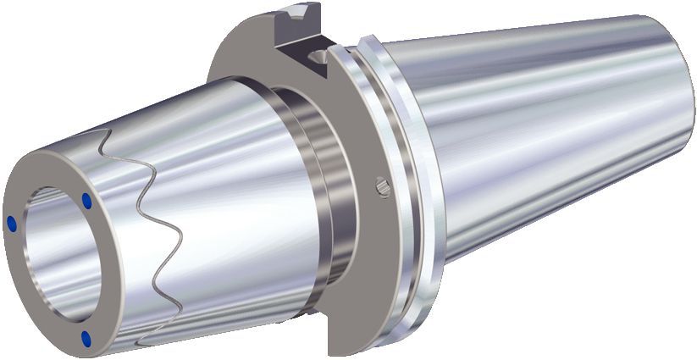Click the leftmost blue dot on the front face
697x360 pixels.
pyautogui.click(x=12, y=223)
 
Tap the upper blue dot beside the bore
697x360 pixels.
pyautogui.click(x=87, y=201)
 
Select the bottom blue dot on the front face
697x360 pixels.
pyautogui.click(x=86, y=339)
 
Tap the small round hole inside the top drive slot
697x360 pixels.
pyautogui.click(x=317, y=57)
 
